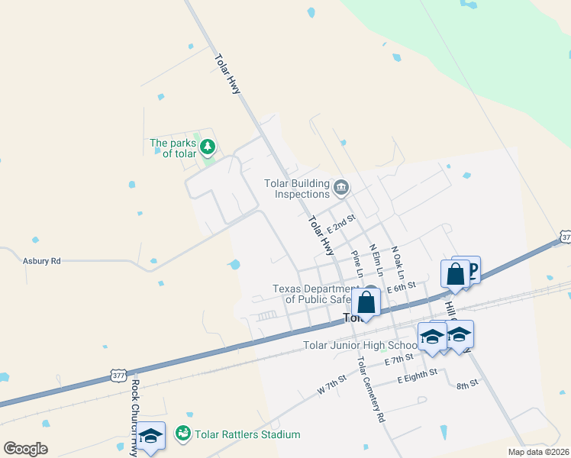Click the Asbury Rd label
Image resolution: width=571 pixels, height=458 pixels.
click(41, 260)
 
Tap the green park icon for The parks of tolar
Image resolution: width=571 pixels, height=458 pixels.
click(208, 147)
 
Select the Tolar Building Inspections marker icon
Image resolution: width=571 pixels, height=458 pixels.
click(341, 185)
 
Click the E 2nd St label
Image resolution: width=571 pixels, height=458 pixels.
click(341, 223)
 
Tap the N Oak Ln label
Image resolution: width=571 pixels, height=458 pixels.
click(397, 260)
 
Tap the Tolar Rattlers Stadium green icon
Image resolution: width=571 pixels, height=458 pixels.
click(182, 434)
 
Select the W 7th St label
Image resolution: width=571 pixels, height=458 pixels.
click(332, 383)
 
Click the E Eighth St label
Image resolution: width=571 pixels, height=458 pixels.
click(417, 376)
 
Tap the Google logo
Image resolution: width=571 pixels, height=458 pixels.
click(25, 448)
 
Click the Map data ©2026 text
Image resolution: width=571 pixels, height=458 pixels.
click(538, 452)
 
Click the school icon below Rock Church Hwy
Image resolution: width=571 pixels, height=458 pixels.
click(151, 436)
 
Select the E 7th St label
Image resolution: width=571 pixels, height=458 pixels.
click(399, 359)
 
